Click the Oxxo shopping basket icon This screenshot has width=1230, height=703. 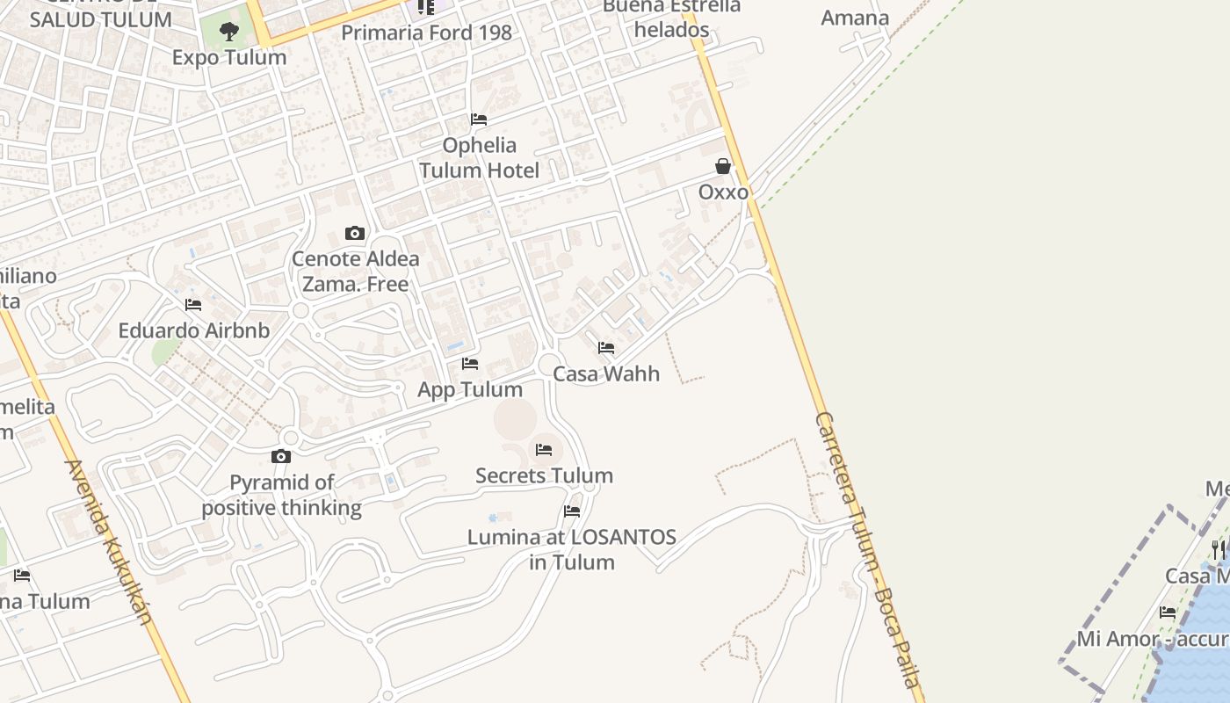723,166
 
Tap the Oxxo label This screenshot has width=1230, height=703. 723,192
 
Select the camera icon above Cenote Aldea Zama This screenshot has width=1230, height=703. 355,233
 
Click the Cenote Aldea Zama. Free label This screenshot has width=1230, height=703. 356,272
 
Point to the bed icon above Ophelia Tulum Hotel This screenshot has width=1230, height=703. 479,119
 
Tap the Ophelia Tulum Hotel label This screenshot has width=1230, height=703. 479,157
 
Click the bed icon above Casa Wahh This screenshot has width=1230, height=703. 606,348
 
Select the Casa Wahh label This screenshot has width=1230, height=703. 606,373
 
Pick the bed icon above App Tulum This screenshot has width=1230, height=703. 470,364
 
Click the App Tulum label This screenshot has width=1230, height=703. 470,389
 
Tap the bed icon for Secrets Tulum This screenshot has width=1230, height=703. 544,450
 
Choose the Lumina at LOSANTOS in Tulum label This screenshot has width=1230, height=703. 572,549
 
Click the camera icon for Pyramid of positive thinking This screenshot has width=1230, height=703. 281,456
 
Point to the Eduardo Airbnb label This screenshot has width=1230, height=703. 194,331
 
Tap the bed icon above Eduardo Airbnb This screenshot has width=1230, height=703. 193,305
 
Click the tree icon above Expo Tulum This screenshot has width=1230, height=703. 229,33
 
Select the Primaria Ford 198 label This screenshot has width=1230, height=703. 426,33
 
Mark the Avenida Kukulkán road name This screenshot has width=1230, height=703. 110,542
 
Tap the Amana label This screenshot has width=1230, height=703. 855,18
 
